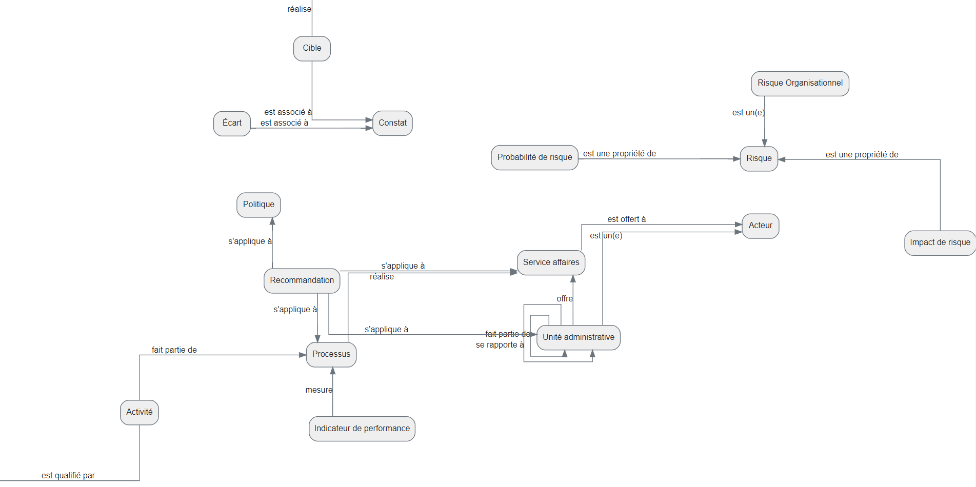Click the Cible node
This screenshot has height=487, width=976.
click(x=312, y=48)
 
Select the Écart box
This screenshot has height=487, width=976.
click(x=232, y=123)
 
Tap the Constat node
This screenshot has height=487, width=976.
click(x=392, y=123)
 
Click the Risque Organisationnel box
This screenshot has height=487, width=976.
click(x=800, y=83)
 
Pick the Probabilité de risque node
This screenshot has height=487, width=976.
click(x=534, y=157)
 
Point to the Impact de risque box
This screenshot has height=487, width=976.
click(x=940, y=242)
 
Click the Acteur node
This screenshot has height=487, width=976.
click(x=760, y=226)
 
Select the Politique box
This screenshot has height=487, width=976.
click(x=258, y=205)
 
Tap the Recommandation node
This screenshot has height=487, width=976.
click(x=302, y=280)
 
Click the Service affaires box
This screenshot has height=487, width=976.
click(x=551, y=262)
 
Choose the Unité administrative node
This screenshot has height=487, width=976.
click(x=578, y=337)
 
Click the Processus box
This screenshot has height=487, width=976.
click(x=331, y=354)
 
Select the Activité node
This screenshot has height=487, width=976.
click(x=140, y=412)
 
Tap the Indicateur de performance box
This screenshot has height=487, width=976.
click(x=362, y=429)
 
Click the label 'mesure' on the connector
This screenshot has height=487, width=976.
click(x=318, y=390)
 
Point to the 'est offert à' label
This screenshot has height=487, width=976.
click(x=626, y=219)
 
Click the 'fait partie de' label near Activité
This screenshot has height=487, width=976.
click(x=174, y=350)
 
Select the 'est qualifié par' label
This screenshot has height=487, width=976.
click(x=68, y=476)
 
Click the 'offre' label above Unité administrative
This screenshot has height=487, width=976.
click(x=564, y=299)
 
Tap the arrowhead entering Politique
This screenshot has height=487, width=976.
click(x=272, y=221)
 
